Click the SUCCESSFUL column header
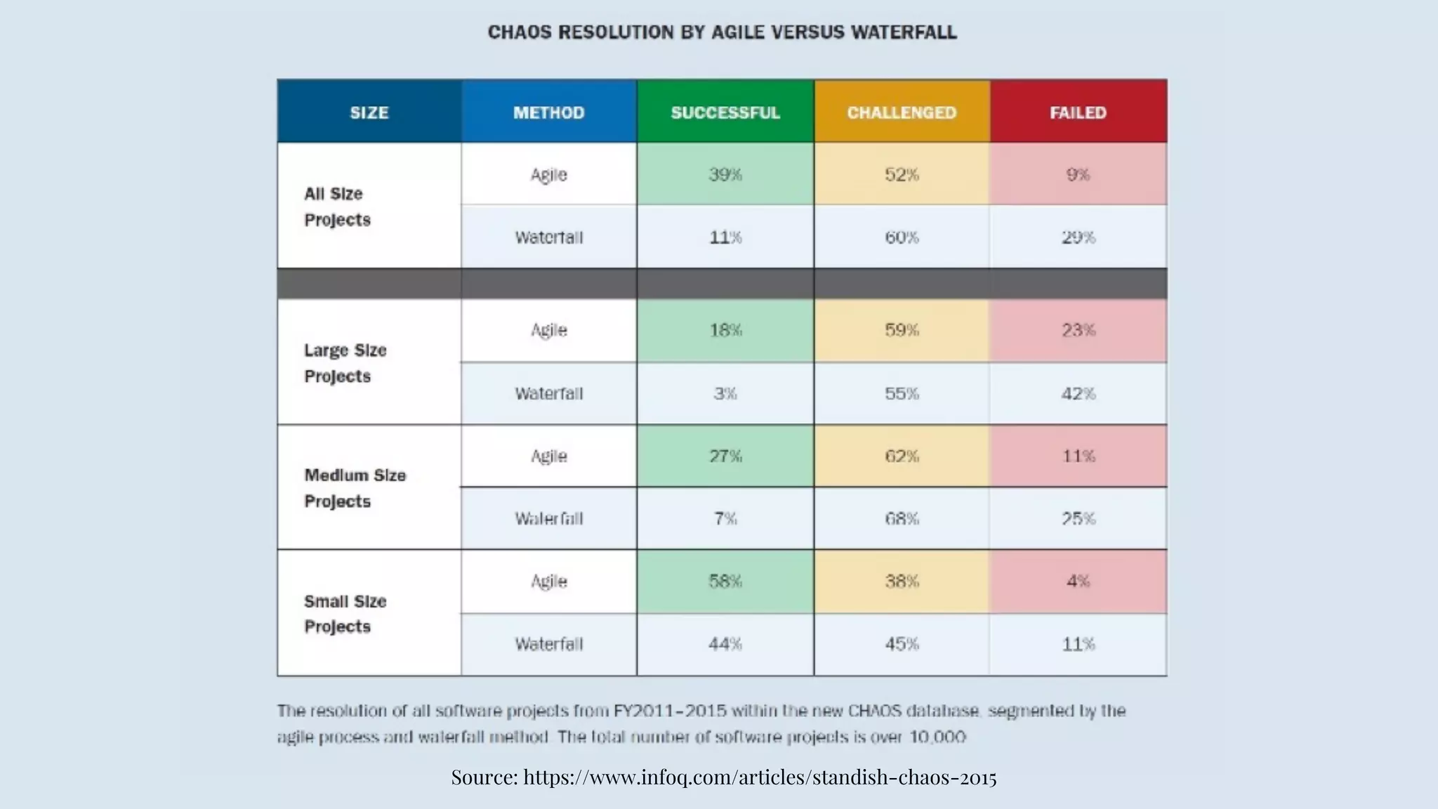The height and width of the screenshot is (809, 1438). (725, 112)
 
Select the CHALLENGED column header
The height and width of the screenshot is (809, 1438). (902, 112)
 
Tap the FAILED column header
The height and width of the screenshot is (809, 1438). (1078, 112)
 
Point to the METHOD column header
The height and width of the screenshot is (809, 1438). (548, 112)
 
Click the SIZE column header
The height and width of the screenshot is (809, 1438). (369, 112)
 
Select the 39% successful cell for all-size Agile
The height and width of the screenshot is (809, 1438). (725, 174)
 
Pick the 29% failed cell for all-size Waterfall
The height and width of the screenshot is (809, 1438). (1078, 237)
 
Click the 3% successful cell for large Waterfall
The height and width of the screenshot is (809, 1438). (725, 393)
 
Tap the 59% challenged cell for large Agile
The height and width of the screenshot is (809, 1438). (902, 330)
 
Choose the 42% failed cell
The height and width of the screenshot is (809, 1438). (1078, 393)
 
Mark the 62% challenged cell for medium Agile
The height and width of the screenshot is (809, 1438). (902, 456)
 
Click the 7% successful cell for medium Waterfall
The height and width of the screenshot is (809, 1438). (725, 518)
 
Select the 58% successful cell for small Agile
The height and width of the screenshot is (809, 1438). (725, 581)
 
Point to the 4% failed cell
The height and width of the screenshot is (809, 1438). (1078, 581)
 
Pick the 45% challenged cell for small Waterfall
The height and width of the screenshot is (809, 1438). (902, 643)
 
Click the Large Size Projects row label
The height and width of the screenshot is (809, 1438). (345, 363)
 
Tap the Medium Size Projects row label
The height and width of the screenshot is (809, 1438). (355, 488)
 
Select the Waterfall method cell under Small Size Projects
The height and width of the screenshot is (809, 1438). (548, 643)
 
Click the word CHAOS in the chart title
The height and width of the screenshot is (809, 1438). (520, 32)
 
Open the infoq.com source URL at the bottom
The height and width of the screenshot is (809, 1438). (759, 777)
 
